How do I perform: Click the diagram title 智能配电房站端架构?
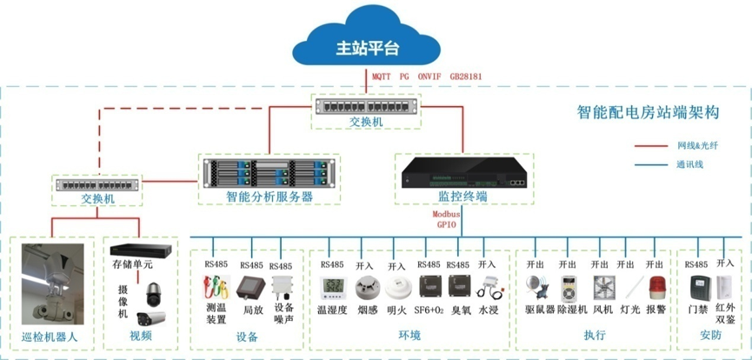(648, 112)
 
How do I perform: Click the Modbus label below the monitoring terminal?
(447, 213)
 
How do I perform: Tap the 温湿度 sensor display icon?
(333, 288)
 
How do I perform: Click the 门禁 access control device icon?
(697, 288)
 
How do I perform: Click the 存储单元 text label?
(132, 263)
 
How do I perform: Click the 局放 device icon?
(253, 288)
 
